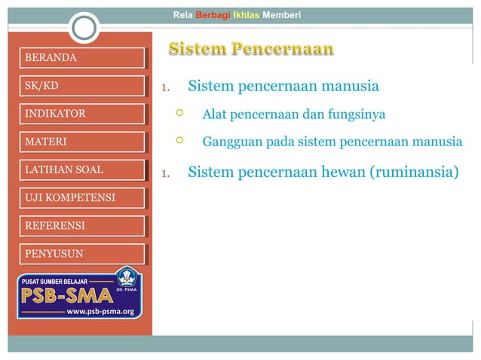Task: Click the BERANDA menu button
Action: pyautogui.click(x=81, y=58)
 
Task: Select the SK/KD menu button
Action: pyautogui.click(x=81, y=86)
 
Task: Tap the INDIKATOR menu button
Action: pyautogui.click(x=81, y=114)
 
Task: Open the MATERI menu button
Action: pyautogui.click(x=81, y=142)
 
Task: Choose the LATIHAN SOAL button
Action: pyautogui.click(x=81, y=169)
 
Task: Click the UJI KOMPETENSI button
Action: pyautogui.click(x=81, y=198)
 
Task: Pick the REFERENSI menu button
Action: pyautogui.click(x=81, y=226)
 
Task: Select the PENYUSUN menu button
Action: pyautogui.click(x=81, y=254)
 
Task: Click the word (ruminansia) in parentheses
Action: pyautogui.click(x=413, y=172)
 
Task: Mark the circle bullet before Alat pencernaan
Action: pyautogui.click(x=179, y=114)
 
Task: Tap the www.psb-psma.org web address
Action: pyautogui.click(x=100, y=311)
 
